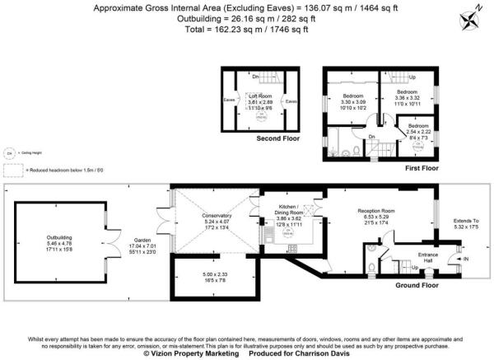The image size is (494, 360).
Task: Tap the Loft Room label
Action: tap(260, 96)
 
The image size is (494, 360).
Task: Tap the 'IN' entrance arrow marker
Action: tap(464, 260)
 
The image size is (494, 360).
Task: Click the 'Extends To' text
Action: tap(465, 221)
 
